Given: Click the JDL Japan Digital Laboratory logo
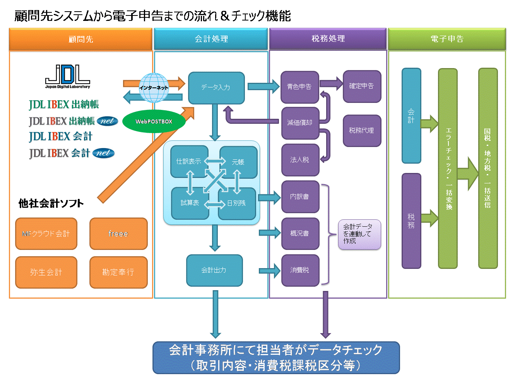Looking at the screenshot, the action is [68, 77].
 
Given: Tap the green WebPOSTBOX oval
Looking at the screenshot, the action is [154, 121].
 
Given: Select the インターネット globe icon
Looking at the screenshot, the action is [154, 87].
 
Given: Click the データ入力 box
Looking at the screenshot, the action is [216, 88].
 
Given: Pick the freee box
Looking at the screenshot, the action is [118, 233].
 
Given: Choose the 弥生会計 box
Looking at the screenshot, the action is [46, 272].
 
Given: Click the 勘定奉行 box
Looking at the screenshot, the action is [118, 272].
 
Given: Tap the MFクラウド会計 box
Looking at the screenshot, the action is [46, 233].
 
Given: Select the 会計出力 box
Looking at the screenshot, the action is [214, 270].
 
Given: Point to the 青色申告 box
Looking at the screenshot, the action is [300, 87].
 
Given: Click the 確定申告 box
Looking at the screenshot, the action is [362, 86].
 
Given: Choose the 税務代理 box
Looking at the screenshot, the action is [362, 131].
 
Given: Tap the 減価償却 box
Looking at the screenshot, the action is [300, 123].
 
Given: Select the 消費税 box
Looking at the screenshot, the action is [300, 270].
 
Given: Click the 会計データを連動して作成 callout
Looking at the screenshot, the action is [359, 234].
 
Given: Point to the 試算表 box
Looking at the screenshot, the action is [190, 204].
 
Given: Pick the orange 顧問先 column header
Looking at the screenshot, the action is [80, 39].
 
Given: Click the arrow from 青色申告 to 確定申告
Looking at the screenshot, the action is [331, 84].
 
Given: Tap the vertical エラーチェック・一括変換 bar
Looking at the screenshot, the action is [448, 168].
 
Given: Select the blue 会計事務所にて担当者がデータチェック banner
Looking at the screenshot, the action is [276, 357].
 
